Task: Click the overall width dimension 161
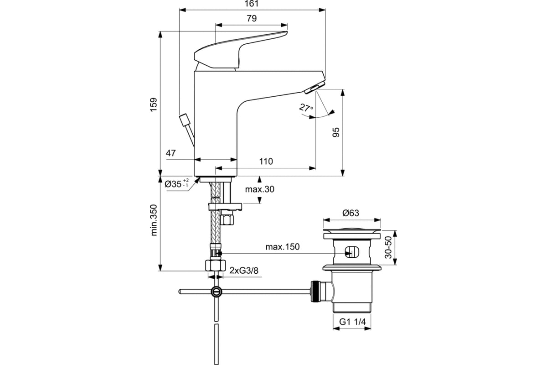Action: tap(252, 4)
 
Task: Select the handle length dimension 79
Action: tap(252, 18)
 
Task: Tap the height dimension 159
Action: tap(154, 104)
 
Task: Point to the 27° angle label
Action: tap(306, 108)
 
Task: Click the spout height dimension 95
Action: tap(336, 132)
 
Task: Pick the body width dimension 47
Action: tap(170, 153)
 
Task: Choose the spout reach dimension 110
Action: tap(266, 162)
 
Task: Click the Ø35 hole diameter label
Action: tap(176, 183)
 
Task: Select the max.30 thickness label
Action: tap(259, 189)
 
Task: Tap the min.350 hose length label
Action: tap(154, 220)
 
